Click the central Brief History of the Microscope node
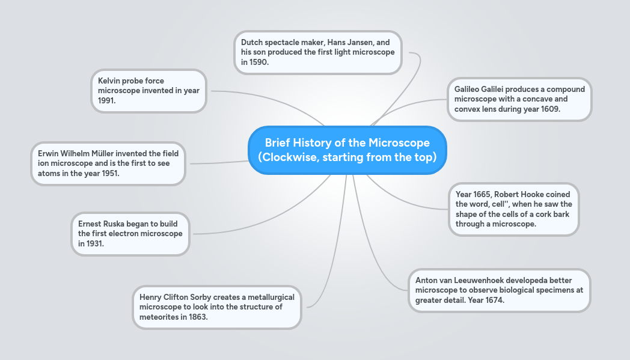[347, 150]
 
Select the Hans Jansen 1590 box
[317, 52]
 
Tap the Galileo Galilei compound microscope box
[519, 99]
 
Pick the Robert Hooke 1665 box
[513, 209]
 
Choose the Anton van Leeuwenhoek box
[499, 290]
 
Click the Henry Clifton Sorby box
[216, 307]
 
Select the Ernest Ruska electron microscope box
[130, 234]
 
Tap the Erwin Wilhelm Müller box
[108, 163]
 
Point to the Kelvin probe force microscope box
[148, 91]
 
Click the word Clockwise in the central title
[290, 157]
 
